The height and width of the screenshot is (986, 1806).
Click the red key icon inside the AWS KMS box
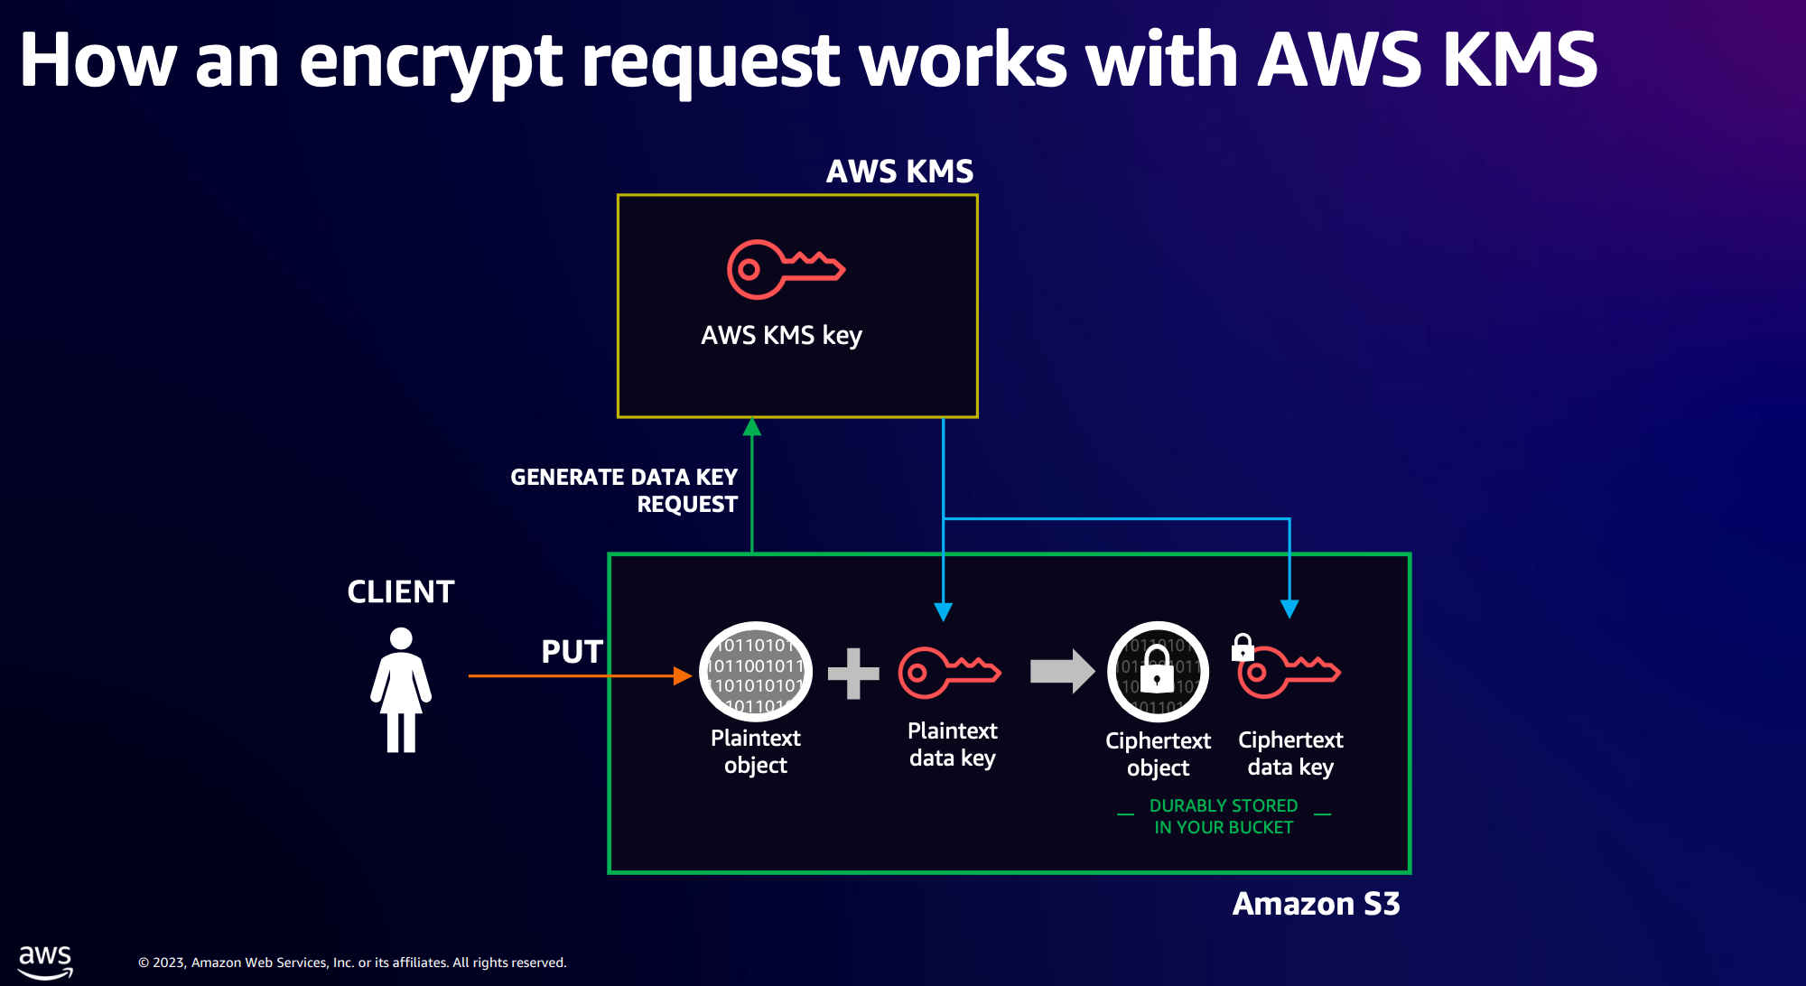point(785,269)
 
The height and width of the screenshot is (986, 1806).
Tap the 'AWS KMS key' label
point(781,336)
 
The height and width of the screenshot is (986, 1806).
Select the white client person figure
point(401,690)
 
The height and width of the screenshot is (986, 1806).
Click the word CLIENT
point(401,592)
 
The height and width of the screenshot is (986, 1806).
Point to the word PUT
point(572,652)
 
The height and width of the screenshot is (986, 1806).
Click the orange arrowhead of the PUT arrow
point(683,675)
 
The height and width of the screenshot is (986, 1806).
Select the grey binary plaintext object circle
point(756,673)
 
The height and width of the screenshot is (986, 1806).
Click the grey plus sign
point(853,674)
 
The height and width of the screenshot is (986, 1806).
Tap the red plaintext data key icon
point(949,673)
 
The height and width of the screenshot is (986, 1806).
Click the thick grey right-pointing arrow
point(1062,671)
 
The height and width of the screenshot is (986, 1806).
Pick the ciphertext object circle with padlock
point(1158,673)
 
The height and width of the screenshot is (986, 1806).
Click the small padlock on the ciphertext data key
point(1243,647)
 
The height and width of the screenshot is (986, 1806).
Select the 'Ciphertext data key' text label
point(1290,753)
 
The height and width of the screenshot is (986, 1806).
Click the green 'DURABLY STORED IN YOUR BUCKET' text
point(1224,816)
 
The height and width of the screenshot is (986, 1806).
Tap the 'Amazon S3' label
point(1316,904)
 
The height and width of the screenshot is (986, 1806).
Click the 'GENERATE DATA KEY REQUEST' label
point(624,490)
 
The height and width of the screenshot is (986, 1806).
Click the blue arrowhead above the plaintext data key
point(944,612)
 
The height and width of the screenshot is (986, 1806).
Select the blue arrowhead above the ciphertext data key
point(1289,609)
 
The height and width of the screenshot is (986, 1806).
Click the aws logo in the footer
point(45,962)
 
